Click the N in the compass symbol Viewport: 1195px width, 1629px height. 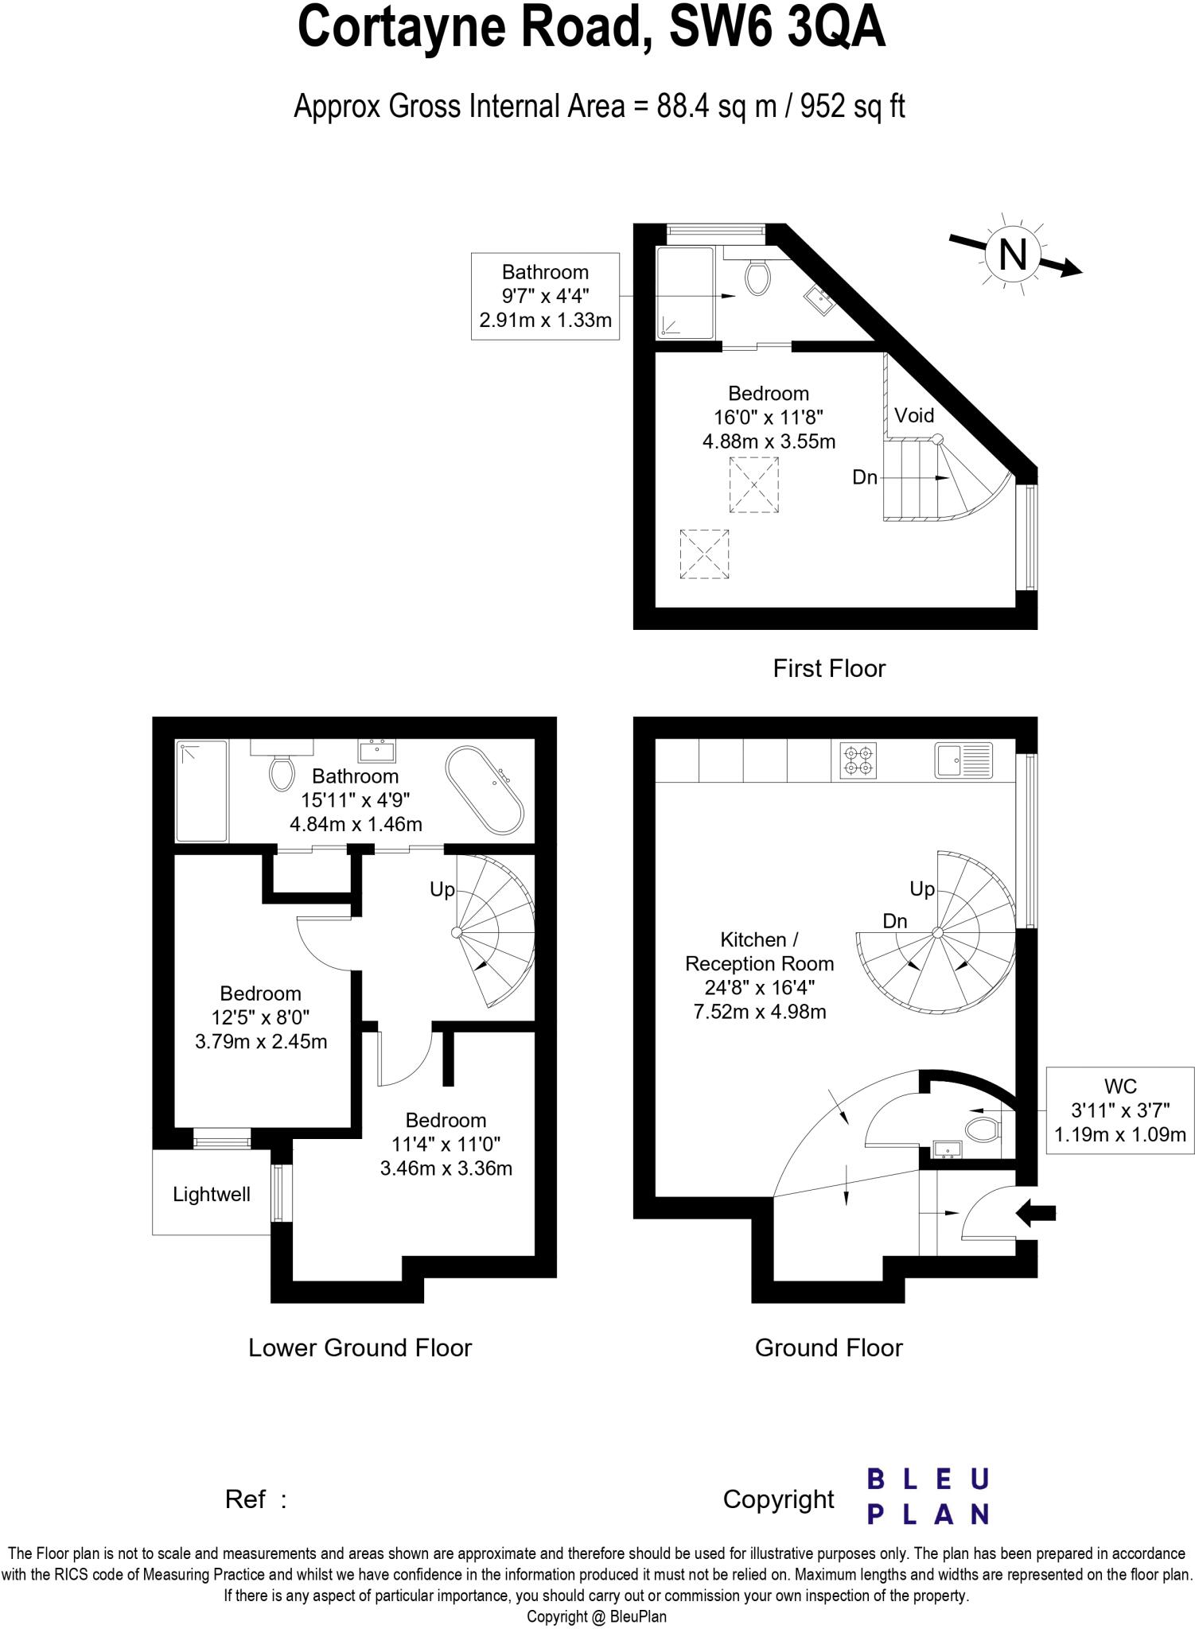click(x=1012, y=255)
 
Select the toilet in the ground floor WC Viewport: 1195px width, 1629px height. click(x=983, y=1129)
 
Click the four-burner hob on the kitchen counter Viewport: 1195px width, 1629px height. click(x=858, y=760)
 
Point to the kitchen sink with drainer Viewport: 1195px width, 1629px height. click(x=963, y=760)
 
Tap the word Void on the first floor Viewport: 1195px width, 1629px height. click(x=913, y=415)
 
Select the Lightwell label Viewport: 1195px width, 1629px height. click(x=212, y=1194)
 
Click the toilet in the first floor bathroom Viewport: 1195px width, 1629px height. click(x=757, y=278)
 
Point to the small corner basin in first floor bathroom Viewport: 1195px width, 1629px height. click(x=819, y=301)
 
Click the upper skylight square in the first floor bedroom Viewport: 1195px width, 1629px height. click(x=753, y=484)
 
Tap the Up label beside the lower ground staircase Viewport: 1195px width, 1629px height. click(x=442, y=889)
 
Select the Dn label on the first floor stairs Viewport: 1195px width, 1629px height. click(x=864, y=477)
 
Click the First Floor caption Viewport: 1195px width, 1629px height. click(x=828, y=668)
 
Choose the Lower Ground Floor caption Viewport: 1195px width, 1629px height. click(x=360, y=1347)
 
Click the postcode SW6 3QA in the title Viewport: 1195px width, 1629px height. click(x=777, y=28)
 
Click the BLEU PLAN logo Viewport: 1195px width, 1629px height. click(x=928, y=1496)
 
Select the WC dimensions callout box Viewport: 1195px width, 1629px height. click(x=1119, y=1110)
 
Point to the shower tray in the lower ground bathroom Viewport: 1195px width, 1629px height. click(x=201, y=790)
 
